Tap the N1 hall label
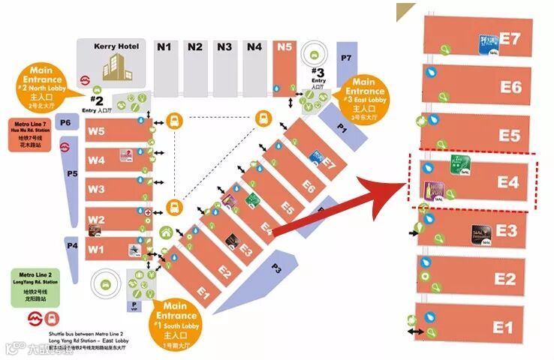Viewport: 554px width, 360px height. coord(164,47)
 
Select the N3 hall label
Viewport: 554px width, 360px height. coord(224,47)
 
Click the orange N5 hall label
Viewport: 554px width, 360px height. coord(284,47)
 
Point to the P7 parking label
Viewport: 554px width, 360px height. coord(345,58)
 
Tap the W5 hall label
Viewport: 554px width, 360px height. coord(96,131)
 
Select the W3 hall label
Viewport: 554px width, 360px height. coord(96,189)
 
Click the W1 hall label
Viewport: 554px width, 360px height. coord(96,247)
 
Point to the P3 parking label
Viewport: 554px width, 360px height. coord(276,268)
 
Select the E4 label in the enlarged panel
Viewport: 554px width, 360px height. coord(507,182)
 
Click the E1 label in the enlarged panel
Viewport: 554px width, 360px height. coord(502,327)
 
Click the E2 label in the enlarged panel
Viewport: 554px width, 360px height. coord(504,279)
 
